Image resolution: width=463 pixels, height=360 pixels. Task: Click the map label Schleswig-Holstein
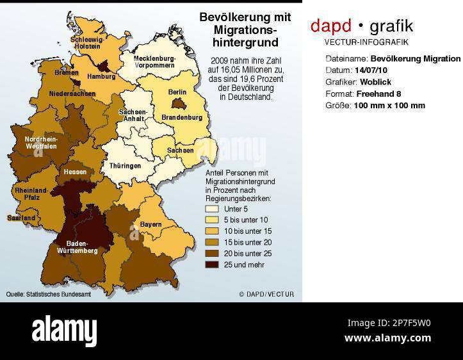[x=88, y=42]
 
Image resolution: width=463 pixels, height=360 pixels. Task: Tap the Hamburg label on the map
[x=101, y=76]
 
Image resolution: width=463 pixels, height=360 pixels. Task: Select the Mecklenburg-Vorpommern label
[x=154, y=61]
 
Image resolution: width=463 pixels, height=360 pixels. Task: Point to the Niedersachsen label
[x=72, y=94]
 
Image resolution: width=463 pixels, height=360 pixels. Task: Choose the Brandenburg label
[x=182, y=118]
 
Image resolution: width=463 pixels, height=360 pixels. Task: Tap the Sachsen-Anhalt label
[x=133, y=115]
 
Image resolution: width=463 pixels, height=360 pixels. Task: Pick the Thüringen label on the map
[x=125, y=166]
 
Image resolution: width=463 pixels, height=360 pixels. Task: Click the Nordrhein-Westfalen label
[x=41, y=142]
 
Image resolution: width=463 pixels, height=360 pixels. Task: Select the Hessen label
[x=75, y=172]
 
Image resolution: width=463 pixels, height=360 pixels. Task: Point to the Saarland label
[x=21, y=218]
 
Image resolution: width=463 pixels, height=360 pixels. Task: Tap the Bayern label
[x=150, y=224]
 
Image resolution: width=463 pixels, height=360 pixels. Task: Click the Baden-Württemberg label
[x=77, y=247]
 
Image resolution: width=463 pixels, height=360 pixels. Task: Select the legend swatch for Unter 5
[x=212, y=209]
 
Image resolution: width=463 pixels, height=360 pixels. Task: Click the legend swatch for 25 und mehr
[x=212, y=264]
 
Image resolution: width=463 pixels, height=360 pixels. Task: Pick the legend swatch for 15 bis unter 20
[x=212, y=242]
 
